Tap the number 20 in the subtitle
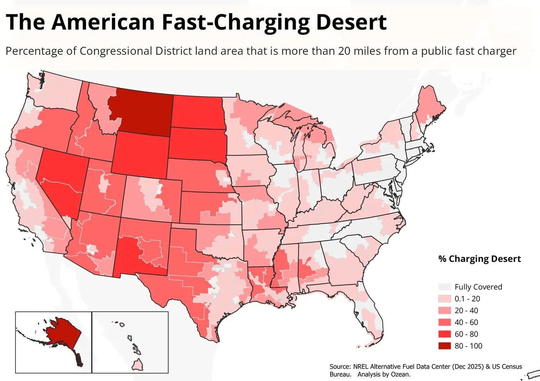pyautogui.click(x=344, y=51)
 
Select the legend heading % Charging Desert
pyautogui.click(x=479, y=259)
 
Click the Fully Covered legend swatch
pyautogui.click(x=444, y=287)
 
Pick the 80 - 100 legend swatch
pyautogui.click(x=444, y=346)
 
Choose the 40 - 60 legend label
pyautogui.click(x=466, y=322)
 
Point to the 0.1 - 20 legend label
pyautogui.click(x=467, y=299)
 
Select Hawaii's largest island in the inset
pyautogui.click(x=138, y=364)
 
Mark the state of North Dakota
pyautogui.click(x=197, y=112)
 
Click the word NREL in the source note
pyautogui.click(x=361, y=367)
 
